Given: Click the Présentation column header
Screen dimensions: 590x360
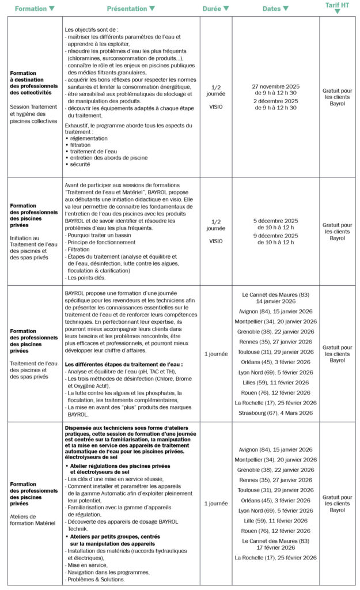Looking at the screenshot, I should pyautogui.click(x=127, y=9).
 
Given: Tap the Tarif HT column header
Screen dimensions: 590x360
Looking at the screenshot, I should pyautogui.click(x=337, y=5).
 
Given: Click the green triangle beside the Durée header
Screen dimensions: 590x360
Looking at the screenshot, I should pyautogui.click(x=226, y=9).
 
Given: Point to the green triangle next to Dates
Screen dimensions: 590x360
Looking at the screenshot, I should pyautogui.click(x=286, y=9).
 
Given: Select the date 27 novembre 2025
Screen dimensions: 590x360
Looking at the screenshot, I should pyautogui.click(x=276, y=86).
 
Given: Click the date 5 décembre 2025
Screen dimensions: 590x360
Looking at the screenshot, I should pyautogui.click(x=276, y=221).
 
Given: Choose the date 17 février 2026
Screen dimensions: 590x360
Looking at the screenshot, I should pyautogui.click(x=276, y=547).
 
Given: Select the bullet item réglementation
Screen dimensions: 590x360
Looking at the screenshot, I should pyautogui.click(x=90, y=138).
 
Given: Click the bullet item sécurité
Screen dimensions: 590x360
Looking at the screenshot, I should pyautogui.click(x=81, y=164).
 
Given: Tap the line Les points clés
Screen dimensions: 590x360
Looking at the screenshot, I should pyautogui.click(x=87, y=278).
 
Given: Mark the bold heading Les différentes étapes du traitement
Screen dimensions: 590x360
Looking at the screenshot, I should pyautogui.click(x=123, y=364).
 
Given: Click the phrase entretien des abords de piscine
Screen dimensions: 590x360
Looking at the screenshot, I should pyautogui.click(x=109, y=158).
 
